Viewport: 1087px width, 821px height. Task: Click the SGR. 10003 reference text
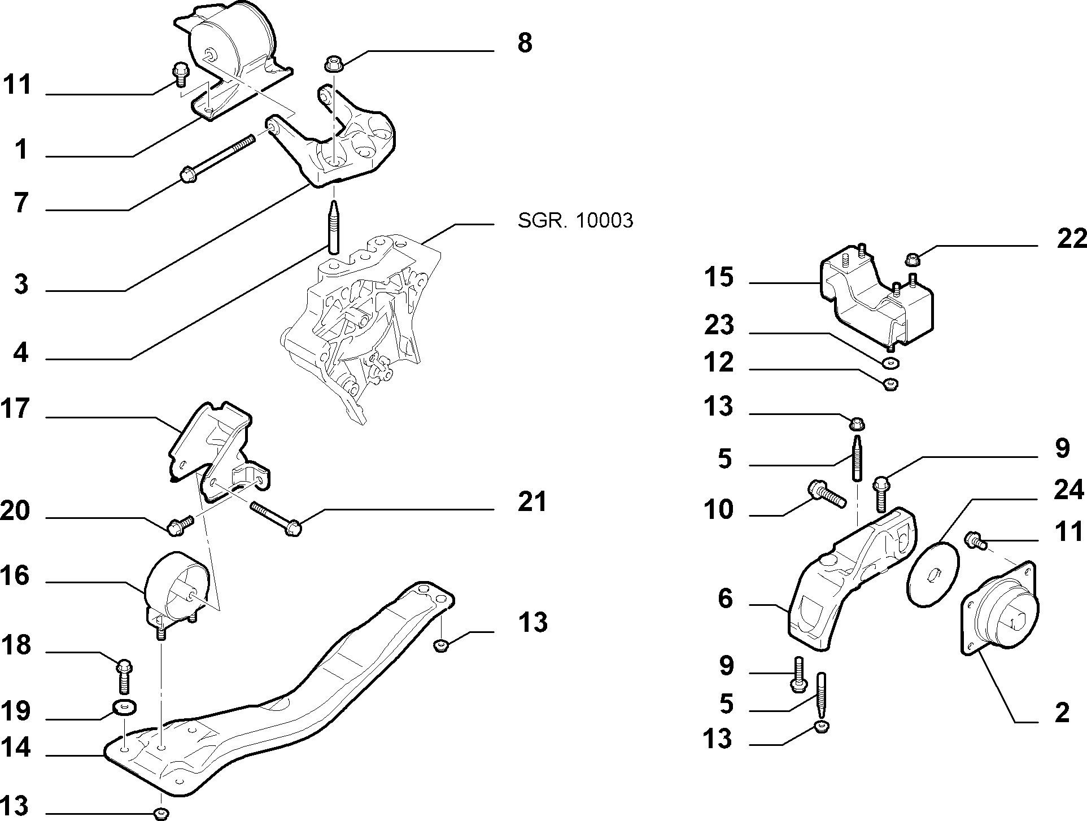[575, 221]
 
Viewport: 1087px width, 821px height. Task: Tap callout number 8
[525, 43]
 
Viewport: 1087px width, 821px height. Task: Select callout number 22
[1071, 239]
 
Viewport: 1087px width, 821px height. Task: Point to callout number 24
[1069, 490]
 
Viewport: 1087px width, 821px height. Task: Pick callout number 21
[532, 501]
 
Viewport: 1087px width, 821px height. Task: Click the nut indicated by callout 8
[333, 64]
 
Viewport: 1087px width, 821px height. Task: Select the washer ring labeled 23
[890, 362]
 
